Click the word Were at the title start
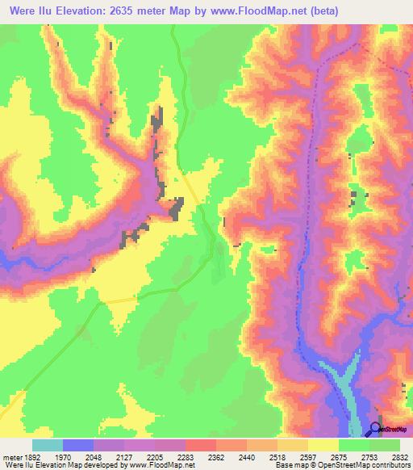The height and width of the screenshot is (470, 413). coord(23,11)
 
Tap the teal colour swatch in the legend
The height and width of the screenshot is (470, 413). coord(48,445)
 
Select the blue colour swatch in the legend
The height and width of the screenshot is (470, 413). coord(78,445)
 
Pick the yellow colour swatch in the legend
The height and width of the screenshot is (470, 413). coord(323,445)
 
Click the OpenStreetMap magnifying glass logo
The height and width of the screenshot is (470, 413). coord(377,429)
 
